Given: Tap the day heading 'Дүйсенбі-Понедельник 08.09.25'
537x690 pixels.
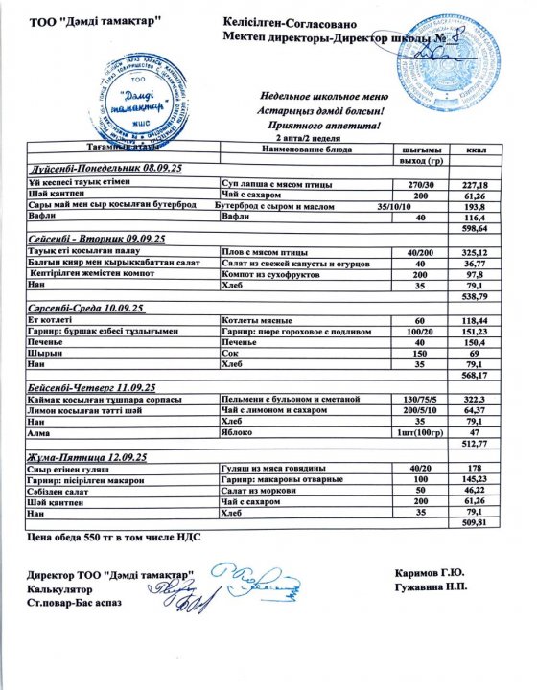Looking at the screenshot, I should [x=105, y=169].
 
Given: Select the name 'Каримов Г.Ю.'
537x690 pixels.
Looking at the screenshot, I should [x=432, y=574].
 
